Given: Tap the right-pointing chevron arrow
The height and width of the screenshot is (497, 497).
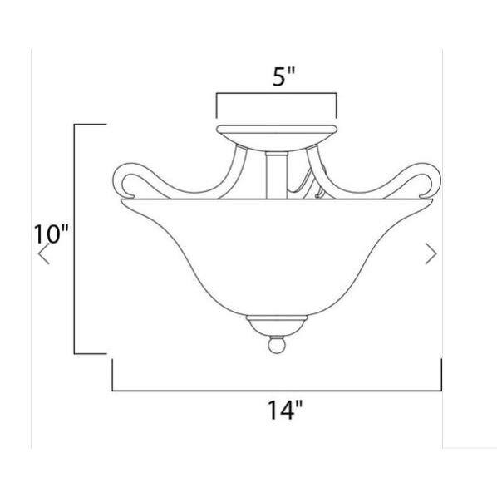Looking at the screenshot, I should pos(431,254).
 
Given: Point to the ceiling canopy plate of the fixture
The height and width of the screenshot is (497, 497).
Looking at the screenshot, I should pos(278,133).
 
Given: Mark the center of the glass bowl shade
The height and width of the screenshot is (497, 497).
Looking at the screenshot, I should pos(278,249).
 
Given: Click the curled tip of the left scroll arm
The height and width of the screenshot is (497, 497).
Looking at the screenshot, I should pos(125,179).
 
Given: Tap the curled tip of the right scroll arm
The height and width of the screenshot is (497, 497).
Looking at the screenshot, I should pos(431,179).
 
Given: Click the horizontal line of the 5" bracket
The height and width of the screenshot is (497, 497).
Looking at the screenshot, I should pos(278,94).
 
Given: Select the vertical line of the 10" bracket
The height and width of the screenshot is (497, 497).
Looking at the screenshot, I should pos(76,238).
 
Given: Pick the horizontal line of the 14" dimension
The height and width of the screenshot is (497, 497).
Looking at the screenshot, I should pos(277,390).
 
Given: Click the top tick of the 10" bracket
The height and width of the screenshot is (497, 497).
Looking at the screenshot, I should pos(91,124).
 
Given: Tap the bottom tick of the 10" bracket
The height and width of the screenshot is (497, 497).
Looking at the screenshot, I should pos(91,352).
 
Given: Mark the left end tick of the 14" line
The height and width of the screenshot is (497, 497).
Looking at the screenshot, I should pos(112,376).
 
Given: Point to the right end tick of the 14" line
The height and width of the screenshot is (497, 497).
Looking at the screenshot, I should pos(441,376).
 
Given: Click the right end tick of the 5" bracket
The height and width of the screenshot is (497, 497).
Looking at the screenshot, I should pos(337,105).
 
